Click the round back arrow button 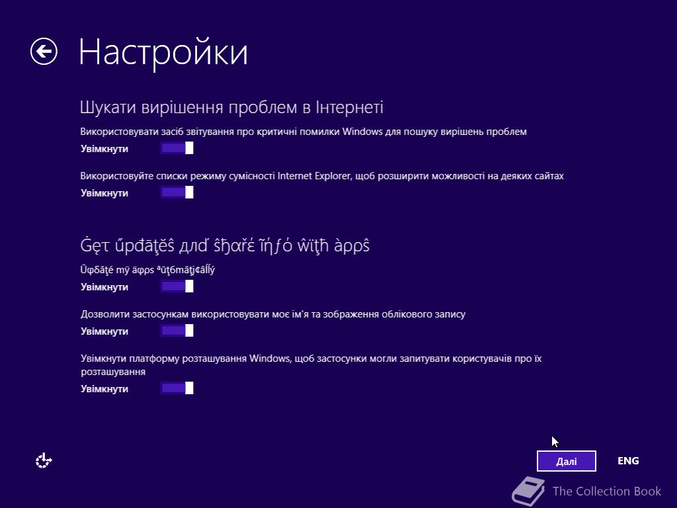click(44, 52)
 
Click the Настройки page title click(163, 53)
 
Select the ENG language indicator click(628, 461)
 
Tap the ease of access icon click(44, 461)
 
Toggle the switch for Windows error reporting click(177, 148)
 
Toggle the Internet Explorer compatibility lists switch click(177, 192)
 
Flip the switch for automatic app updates click(177, 286)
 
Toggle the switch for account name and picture click(177, 331)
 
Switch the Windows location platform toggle click(177, 388)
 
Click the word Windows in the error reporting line click(362, 132)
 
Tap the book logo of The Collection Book click(528, 491)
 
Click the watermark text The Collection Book click(607, 491)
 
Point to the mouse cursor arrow click(555, 442)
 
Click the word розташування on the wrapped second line click(112, 372)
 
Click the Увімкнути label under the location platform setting click(104, 389)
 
